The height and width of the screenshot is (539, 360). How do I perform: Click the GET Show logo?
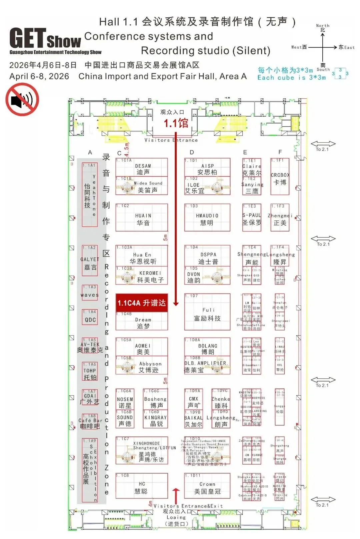point(46,40)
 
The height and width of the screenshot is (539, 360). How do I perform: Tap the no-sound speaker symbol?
point(22,99)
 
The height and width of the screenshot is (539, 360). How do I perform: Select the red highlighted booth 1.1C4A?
point(141,303)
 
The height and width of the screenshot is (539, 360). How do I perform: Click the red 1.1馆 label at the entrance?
point(176,123)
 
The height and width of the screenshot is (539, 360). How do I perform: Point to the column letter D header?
point(192,152)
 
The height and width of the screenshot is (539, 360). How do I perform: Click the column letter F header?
point(280,152)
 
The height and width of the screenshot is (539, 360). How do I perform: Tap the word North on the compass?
point(322,25)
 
